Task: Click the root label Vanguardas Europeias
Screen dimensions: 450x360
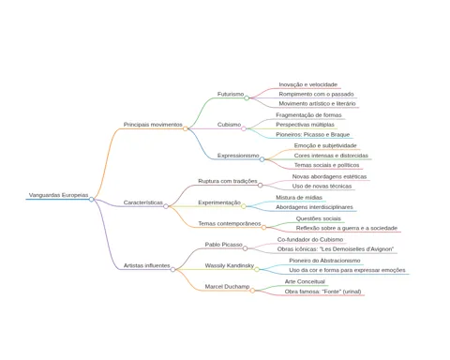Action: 58,195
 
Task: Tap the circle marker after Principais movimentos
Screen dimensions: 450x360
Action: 186,128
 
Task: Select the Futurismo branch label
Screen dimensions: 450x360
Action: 231,94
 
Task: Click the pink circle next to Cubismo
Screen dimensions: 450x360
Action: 244,128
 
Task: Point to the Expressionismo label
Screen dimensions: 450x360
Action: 238,156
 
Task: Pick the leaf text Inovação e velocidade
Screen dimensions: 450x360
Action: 308,84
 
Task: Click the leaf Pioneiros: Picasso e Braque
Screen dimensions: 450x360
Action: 313,134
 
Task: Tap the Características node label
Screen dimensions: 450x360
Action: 143,202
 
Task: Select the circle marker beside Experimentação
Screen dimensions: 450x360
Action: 244,206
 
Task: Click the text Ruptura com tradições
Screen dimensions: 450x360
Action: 228,181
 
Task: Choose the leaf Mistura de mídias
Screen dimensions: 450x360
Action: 299,198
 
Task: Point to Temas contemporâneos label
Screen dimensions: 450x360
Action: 230,223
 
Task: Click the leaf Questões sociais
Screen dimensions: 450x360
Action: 319,218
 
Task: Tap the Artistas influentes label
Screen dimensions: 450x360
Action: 147,265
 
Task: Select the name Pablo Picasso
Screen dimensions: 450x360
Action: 224,245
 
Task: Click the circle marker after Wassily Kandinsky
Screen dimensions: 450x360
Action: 257,269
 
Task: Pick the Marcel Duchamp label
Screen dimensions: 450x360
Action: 227,286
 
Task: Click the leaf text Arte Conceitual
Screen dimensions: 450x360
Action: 305,281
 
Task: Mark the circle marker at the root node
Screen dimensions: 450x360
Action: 91,199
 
